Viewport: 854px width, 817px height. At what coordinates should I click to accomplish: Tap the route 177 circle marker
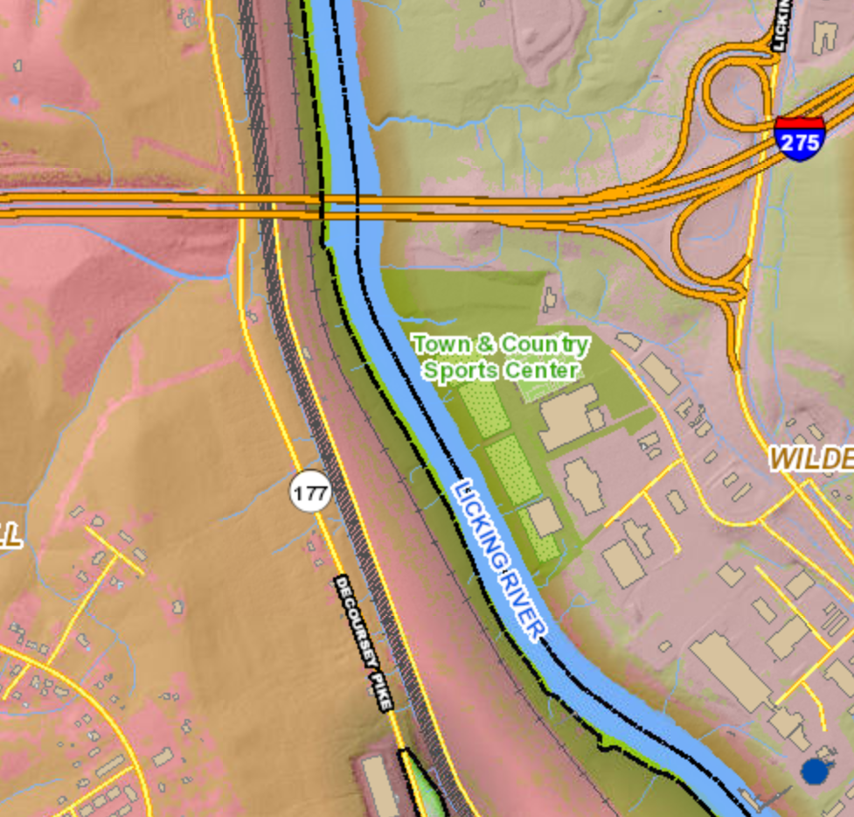click(x=311, y=493)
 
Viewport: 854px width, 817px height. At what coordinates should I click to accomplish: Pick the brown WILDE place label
click(x=810, y=457)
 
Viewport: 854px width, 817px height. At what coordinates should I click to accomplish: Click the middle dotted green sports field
click(x=512, y=471)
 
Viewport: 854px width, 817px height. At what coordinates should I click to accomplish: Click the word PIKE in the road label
click(x=381, y=687)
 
